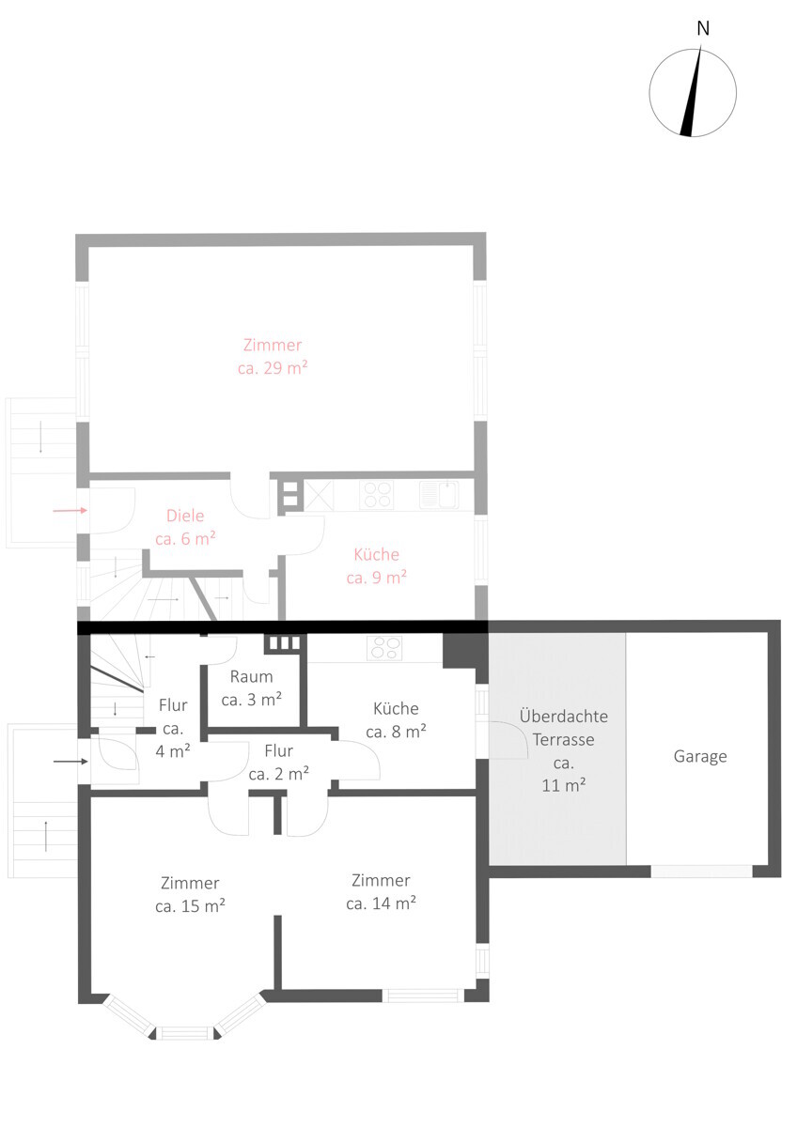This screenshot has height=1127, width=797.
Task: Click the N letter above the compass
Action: click(x=703, y=29)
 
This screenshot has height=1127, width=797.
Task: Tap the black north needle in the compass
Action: click(x=692, y=92)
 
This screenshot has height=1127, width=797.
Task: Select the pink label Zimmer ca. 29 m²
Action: click(x=273, y=357)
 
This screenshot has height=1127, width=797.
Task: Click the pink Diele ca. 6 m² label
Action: click(x=185, y=527)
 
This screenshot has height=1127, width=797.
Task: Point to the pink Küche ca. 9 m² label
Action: click(x=377, y=566)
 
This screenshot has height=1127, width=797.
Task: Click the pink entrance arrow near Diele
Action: click(x=70, y=511)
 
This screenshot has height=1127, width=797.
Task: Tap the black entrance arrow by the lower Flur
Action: click(x=70, y=762)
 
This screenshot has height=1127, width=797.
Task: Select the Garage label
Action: click(x=700, y=757)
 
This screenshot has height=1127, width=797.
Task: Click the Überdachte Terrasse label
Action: click(x=563, y=750)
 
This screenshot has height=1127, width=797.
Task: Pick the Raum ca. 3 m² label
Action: click(x=251, y=688)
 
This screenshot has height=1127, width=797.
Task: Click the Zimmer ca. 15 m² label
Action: click(x=190, y=894)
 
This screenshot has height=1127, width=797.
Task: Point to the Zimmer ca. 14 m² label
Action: click(x=381, y=892)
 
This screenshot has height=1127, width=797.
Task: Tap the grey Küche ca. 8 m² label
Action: click(x=396, y=720)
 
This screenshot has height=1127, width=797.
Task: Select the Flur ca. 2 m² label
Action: click(x=278, y=763)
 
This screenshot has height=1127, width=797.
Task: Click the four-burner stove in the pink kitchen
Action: click(x=377, y=495)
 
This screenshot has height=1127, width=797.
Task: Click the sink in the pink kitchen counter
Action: click(x=439, y=495)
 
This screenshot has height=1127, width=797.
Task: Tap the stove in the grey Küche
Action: click(x=384, y=648)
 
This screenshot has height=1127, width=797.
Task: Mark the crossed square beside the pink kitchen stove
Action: click(x=319, y=495)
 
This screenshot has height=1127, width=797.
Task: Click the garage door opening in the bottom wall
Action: click(x=701, y=871)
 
